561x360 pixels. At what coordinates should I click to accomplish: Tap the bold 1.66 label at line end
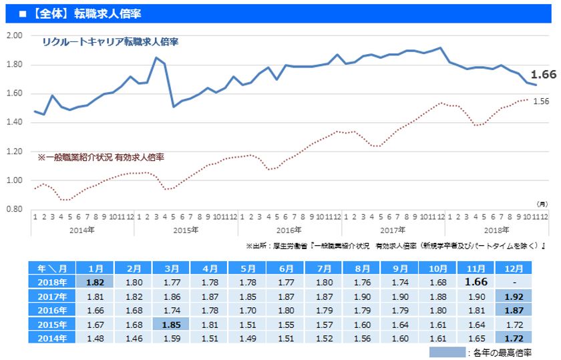pyautogui.click(x=544, y=75)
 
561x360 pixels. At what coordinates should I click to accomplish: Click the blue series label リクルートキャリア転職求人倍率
pyautogui.click(x=110, y=41)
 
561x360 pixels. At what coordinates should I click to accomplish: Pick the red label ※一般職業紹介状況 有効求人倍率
pyautogui.click(x=101, y=158)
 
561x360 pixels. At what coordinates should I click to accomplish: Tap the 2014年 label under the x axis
pyautogui.click(x=82, y=229)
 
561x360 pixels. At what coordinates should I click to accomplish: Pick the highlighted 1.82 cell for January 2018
pyautogui.click(x=95, y=282)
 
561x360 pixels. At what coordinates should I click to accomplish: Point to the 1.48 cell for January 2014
pyautogui.click(x=95, y=339)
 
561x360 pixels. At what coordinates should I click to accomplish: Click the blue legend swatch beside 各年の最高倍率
pyautogui.click(x=446, y=352)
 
